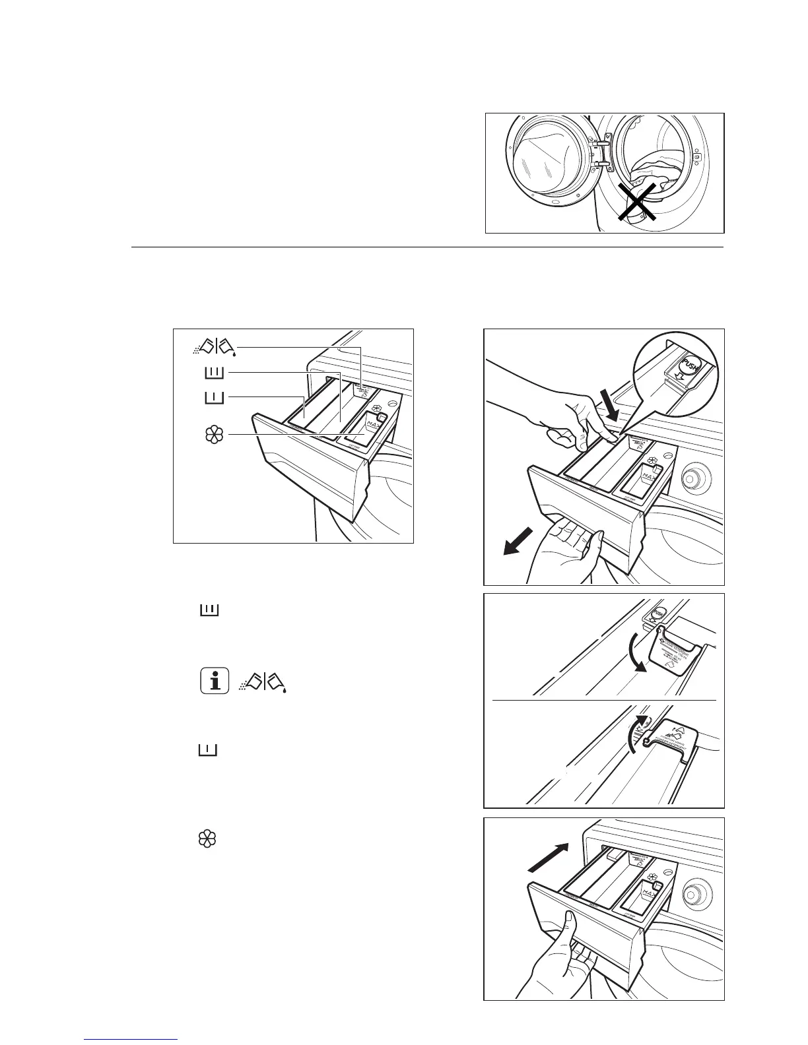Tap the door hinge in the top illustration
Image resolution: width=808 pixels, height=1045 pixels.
(x=600, y=151)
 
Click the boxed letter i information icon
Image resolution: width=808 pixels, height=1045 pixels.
(x=215, y=681)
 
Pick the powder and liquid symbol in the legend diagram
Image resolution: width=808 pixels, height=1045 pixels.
(x=212, y=346)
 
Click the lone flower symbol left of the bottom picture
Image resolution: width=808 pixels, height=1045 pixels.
(x=207, y=839)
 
